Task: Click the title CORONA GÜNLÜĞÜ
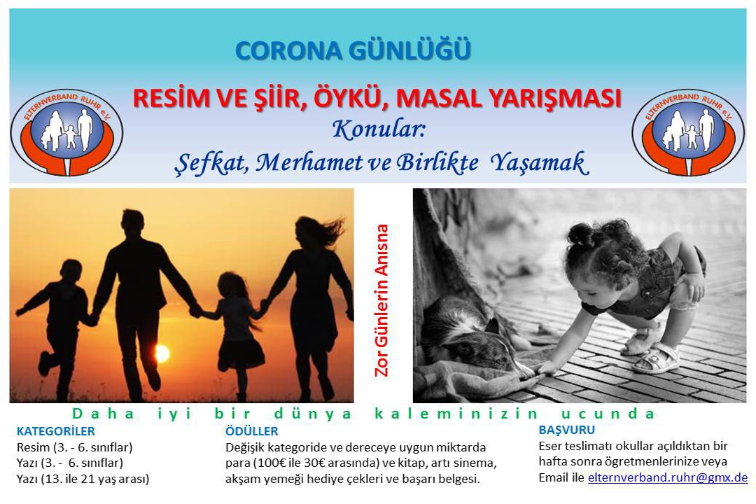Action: point(353,50)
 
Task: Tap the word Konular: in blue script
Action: point(379,129)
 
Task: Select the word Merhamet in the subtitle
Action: point(309,162)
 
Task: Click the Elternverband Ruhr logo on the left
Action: point(66,132)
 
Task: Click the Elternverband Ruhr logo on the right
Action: point(689,132)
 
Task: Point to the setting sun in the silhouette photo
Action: point(162,353)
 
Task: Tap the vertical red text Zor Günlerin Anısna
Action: point(381,300)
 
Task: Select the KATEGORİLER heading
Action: point(56,430)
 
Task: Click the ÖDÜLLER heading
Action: point(252,430)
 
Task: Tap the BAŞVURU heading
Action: point(567,429)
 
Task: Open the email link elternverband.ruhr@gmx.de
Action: point(668,477)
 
